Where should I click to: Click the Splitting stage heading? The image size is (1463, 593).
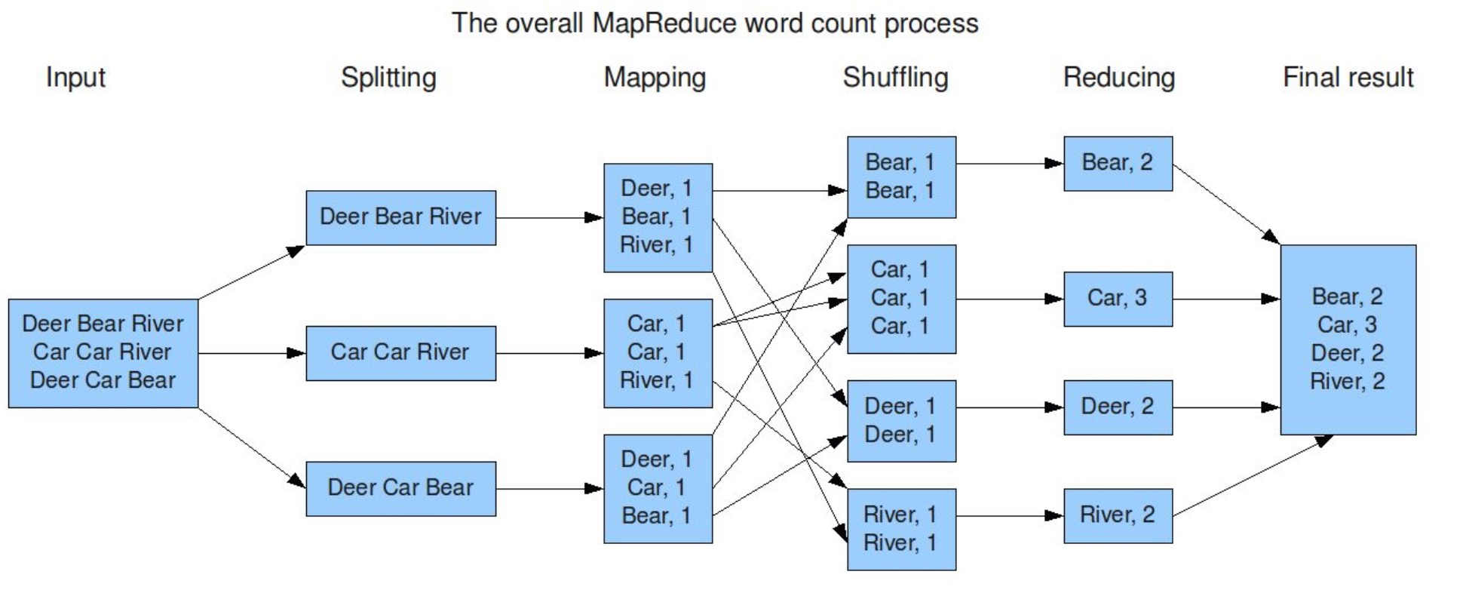click(388, 78)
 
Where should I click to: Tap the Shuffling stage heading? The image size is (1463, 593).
click(895, 78)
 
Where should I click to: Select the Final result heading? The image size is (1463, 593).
click(1348, 78)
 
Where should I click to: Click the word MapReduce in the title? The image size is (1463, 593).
click(664, 23)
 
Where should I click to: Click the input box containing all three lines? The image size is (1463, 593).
click(103, 353)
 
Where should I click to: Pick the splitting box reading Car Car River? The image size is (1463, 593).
click(400, 353)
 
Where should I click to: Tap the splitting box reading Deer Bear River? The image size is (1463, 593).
click(400, 217)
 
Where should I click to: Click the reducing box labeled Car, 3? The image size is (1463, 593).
click(1118, 299)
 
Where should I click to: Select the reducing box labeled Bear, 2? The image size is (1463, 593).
click(1118, 163)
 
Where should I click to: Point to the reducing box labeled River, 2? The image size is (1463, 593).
click(1118, 516)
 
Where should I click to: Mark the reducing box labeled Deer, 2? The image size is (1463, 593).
click(1118, 407)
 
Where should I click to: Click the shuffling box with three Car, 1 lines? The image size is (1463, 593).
click(901, 299)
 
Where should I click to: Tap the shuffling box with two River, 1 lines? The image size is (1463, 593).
click(901, 529)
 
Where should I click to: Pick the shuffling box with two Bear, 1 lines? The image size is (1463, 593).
click(901, 177)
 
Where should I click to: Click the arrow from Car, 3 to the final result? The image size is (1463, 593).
click(1226, 300)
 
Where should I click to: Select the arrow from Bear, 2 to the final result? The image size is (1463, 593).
click(1226, 204)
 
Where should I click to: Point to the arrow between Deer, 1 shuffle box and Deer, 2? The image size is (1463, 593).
click(1010, 407)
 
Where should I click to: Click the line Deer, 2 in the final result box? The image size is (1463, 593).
click(1347, 353)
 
